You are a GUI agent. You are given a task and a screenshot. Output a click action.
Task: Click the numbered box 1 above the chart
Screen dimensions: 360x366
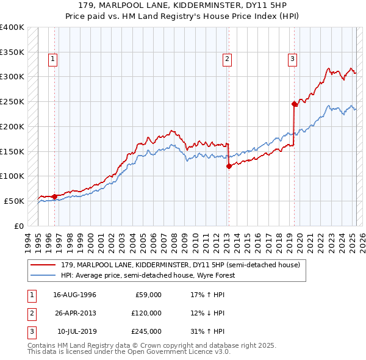(x=54, y=59)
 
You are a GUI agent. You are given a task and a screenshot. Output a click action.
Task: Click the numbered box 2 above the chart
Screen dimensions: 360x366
(x=227, y=59)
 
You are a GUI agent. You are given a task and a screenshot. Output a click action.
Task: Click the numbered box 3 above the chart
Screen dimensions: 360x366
(x=293, y=59)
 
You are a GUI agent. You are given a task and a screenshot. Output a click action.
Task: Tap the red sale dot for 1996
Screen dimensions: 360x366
(x=54, y=196)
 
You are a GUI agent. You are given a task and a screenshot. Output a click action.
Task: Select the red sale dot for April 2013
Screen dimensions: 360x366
(x=229, y=166)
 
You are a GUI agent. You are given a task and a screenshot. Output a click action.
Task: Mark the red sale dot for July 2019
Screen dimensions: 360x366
(x=294, y=104)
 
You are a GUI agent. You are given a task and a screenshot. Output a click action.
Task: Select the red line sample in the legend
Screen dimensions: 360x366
(x=44, y=265)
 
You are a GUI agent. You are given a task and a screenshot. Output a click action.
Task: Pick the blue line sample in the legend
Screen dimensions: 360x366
(x=44, y=275)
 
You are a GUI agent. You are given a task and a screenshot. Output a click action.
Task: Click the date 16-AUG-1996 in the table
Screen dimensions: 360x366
(x=74, y=295)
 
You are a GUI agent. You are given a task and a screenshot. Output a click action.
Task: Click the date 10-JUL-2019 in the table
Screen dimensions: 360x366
(x=76, y=331)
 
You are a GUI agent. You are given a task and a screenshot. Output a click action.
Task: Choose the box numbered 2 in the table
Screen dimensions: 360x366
(x=30, y=313)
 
